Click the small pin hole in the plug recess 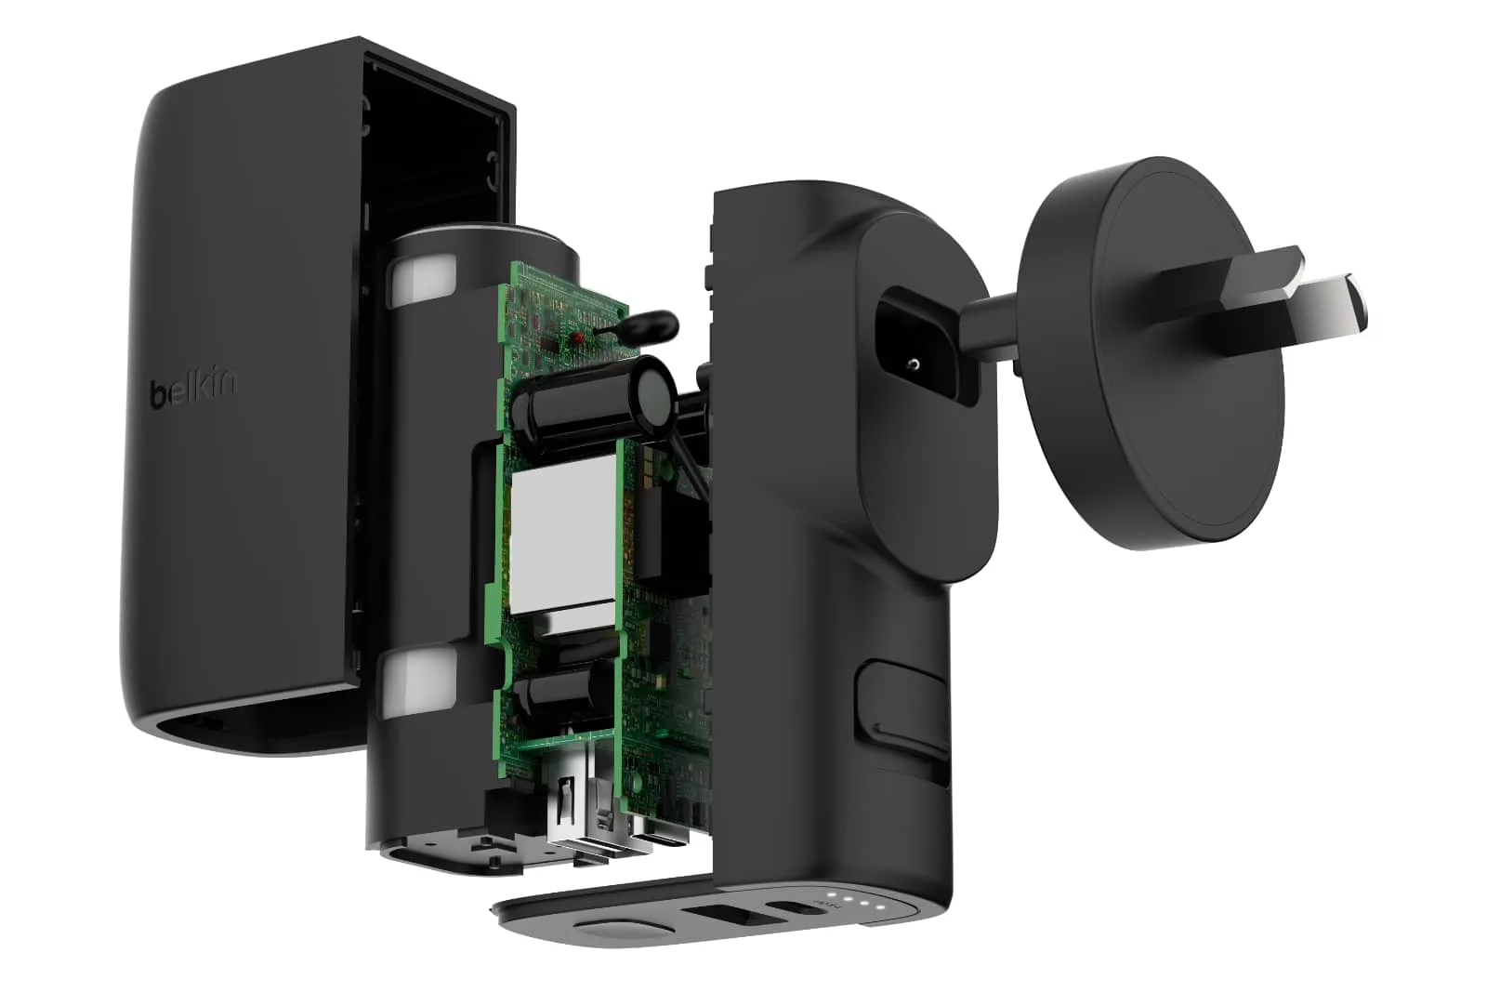click(x=915, y=364)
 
